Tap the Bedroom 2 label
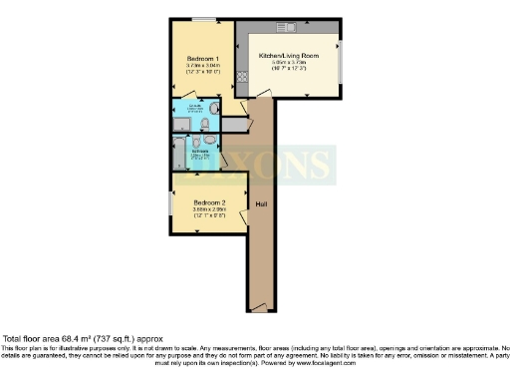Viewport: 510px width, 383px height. click(209, 203)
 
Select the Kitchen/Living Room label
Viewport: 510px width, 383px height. click(288, 56)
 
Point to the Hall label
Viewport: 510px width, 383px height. click(261, 204)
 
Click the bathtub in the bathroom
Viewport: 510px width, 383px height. click(178, 153)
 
